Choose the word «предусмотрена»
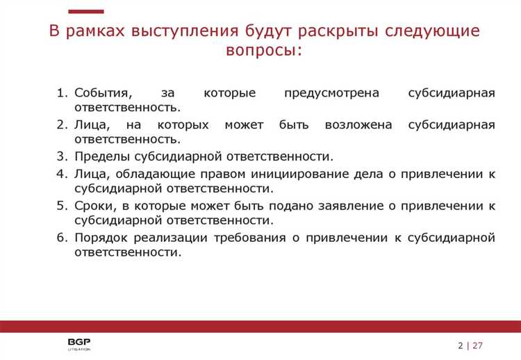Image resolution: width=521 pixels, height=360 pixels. click(x=326, y=93)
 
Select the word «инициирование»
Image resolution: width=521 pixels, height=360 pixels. click(x=295, y=174)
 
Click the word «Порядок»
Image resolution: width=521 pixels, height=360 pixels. click(x=99, y=238)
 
